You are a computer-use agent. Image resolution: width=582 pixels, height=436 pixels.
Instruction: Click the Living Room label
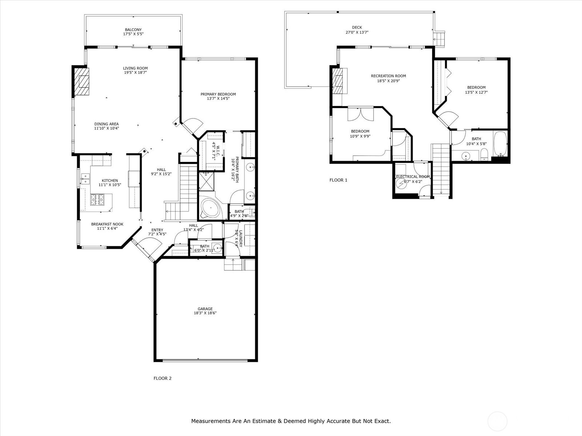click(135, 68)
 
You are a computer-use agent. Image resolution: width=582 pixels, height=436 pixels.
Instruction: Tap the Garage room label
click(205, 309)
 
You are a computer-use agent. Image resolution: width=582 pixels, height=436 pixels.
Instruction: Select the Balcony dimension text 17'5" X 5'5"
click(133, 34)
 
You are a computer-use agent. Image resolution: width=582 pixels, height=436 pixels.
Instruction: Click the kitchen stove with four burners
click(97, 199)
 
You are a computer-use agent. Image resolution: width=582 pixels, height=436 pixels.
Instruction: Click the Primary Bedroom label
click(218, 94)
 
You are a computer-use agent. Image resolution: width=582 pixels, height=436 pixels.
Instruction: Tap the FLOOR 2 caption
click(163, 378)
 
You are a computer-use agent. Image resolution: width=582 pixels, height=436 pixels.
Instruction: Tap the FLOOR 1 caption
click(338, 180)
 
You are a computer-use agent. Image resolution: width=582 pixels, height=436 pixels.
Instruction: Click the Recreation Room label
click(388, 76)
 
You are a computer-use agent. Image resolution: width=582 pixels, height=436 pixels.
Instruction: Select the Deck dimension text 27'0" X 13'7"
click(357, 32)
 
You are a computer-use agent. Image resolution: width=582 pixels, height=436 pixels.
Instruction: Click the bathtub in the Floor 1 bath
click(500, 144)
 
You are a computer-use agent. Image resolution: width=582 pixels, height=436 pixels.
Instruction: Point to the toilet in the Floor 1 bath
click(484, 154)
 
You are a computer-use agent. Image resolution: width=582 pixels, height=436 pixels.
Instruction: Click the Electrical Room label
click(413, 177)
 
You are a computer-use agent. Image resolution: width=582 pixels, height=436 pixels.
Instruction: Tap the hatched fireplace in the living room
click(81, 81)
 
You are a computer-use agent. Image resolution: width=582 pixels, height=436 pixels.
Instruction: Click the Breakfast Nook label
click(107, 224)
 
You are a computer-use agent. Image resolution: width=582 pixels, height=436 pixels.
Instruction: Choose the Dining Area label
click(107, 124)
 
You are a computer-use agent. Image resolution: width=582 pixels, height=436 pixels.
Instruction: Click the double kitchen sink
click(85, 179)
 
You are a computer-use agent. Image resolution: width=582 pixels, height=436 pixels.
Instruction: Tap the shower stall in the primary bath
click(206, 181)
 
